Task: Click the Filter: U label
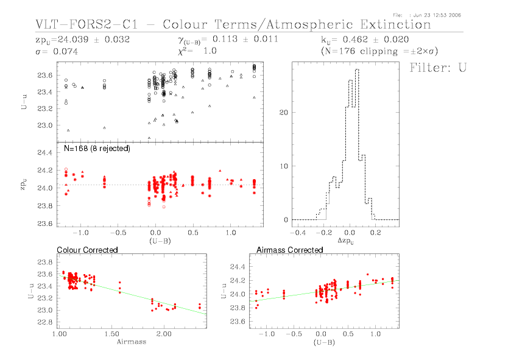(438, 67)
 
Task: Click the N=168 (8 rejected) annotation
(97, 148)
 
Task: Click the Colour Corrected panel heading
(87, 250)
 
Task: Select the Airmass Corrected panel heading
(290, 250)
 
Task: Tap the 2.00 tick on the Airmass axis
(163, 334)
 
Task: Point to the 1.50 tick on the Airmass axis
(111, 334)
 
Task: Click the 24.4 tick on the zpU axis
(46, 152)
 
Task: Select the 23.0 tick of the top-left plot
(46, 125)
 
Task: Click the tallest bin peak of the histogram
(357, 69)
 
